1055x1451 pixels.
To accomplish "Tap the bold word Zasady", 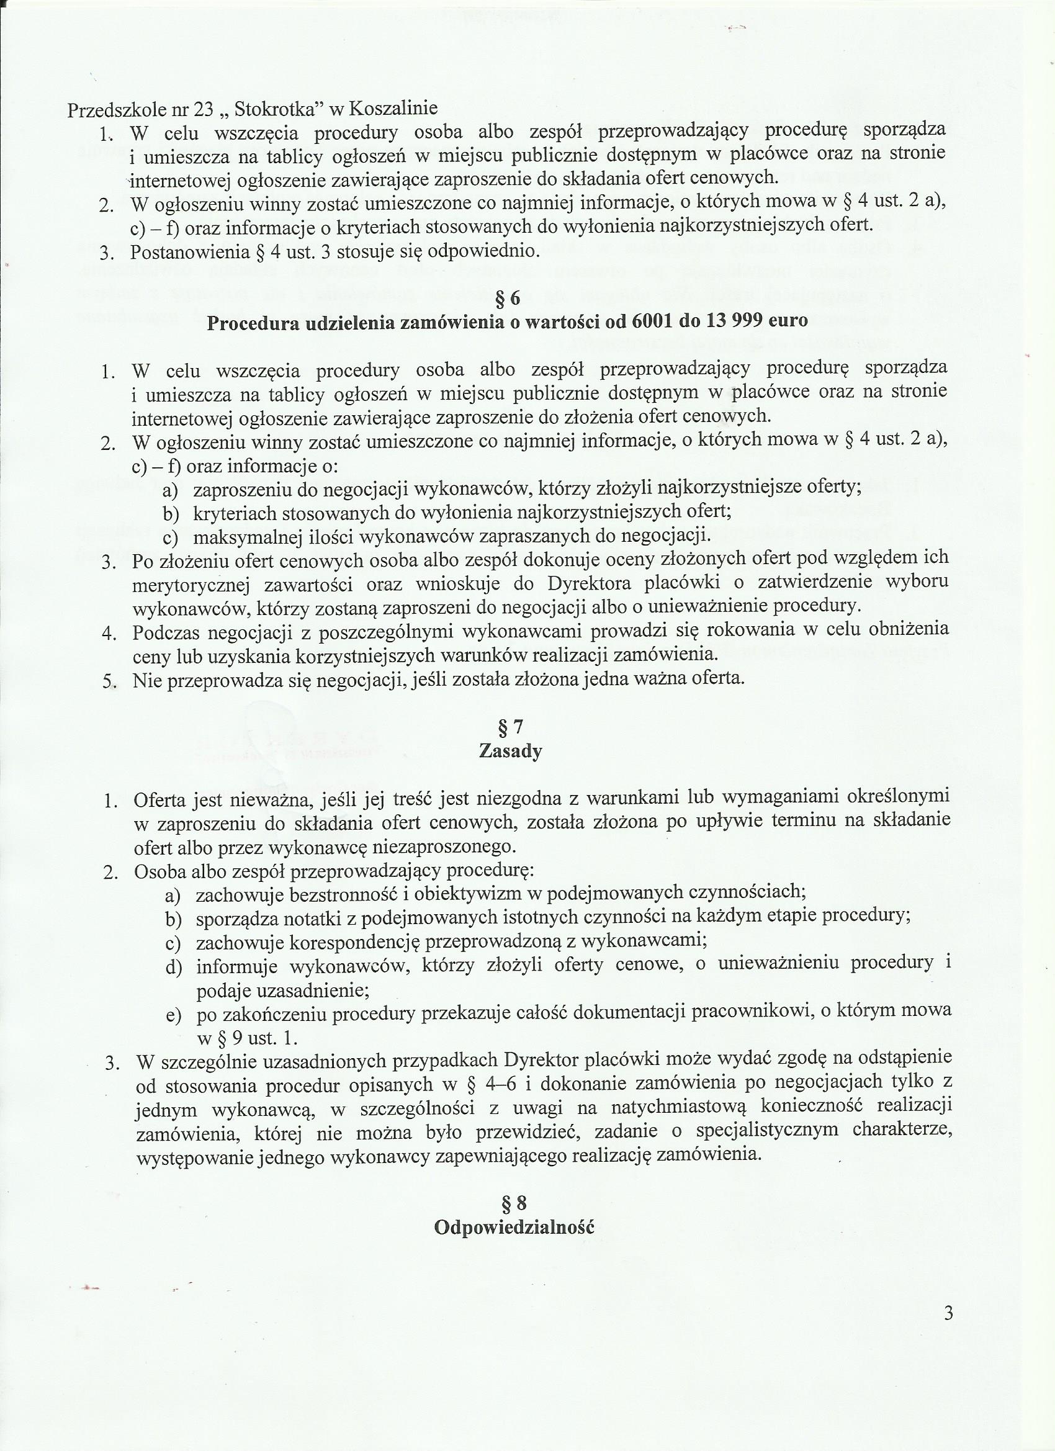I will [511, 750].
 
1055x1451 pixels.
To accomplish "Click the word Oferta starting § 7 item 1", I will [159, 800].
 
